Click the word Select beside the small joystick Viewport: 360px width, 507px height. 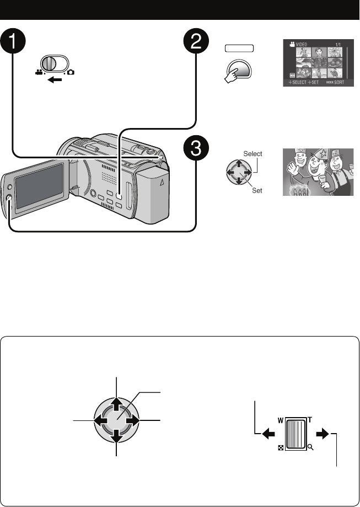[x=253, y=154]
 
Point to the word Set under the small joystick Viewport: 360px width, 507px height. [x=257, y=190]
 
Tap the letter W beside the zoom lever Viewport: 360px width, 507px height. [x=280, y=420]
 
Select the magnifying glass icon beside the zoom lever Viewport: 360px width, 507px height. [x=310, y=448]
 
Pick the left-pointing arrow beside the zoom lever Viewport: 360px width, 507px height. [x=268, y=434]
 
